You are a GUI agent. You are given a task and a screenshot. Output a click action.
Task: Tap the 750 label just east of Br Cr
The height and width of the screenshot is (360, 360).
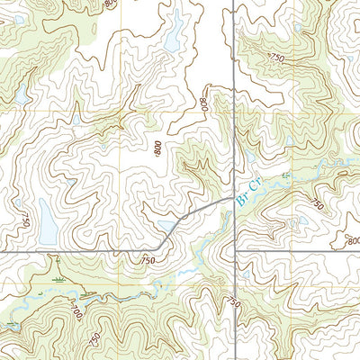[x=314, y=204]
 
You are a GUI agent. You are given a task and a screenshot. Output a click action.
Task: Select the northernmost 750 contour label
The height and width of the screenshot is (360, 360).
[x=274, y=58]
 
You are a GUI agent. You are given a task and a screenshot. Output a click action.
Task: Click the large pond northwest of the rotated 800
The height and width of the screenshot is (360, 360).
[x=172, y=40]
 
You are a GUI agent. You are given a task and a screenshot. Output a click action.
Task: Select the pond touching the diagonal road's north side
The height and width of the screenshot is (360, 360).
[x=167, y=226]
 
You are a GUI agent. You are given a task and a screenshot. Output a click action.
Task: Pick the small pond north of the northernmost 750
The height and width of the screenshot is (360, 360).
[x=297, y=29]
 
